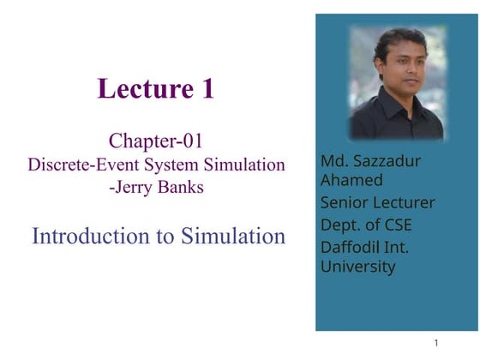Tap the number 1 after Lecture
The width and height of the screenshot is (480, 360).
207,88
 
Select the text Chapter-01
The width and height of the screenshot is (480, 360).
156,140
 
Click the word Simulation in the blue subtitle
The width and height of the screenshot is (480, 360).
232,236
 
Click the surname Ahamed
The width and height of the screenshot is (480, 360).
351,180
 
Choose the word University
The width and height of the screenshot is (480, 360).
357,267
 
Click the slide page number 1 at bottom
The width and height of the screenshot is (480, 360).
436,343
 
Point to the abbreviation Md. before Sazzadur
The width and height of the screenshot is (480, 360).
333,160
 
